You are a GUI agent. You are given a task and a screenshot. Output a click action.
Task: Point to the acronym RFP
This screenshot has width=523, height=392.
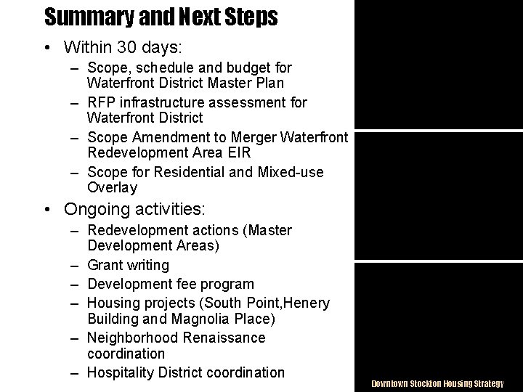click(102, 102)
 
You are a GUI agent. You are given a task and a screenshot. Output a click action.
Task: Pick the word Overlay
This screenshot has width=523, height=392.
click(112, 188)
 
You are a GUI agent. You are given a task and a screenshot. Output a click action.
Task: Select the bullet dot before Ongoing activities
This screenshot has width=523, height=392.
click(47, 210)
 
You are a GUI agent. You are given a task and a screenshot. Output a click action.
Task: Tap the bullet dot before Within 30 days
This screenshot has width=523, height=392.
click(47, 49)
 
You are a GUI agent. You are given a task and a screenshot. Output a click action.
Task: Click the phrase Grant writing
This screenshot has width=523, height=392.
click(128, 266)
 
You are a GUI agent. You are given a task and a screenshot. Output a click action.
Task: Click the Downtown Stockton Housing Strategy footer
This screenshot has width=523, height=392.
click(437, 383)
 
